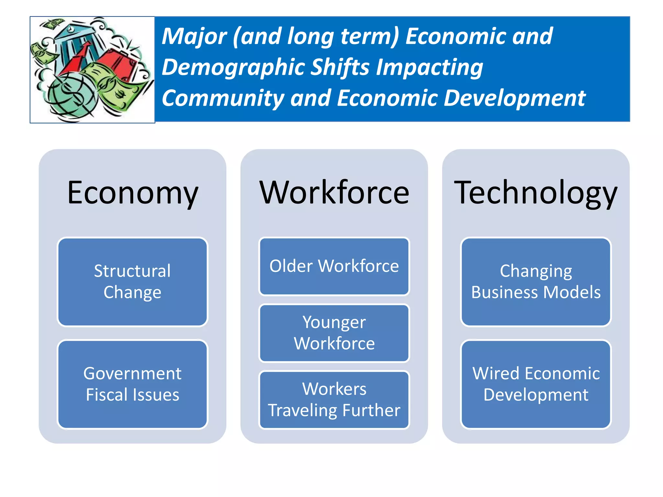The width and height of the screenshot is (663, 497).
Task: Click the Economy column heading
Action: [132, 193]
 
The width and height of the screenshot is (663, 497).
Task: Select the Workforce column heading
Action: [334, 193]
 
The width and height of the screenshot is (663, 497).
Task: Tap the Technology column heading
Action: [536, 193]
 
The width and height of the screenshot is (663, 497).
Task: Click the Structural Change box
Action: [132, 282]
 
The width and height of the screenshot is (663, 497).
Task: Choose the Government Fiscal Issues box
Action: [132, 384]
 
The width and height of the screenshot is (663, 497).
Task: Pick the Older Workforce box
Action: [334, 266]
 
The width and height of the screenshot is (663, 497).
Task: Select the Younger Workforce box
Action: [334, 333]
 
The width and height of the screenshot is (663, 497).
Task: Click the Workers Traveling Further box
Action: [334, 400]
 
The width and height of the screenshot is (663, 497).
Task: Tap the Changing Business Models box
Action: [536, 282]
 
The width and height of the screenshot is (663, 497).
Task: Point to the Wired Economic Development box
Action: [536, 384]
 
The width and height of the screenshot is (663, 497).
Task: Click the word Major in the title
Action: [194, 36]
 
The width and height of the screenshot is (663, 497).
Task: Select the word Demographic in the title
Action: [233, 67]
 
